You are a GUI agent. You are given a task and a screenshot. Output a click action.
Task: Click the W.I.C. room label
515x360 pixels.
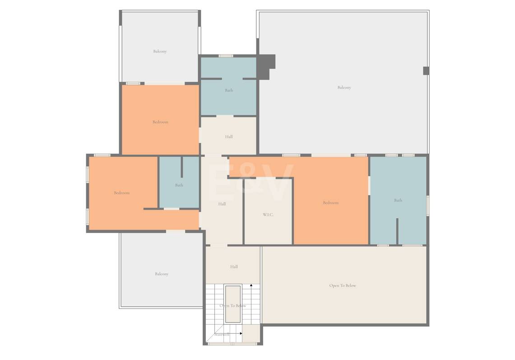(x=268, y=215)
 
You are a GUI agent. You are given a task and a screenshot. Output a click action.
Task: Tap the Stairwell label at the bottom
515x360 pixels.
(x=222, y=334)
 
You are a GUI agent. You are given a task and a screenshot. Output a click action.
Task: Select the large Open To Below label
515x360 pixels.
(x=343, y=285)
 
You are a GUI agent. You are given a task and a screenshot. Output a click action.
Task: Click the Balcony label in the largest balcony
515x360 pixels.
(x=344, y=88)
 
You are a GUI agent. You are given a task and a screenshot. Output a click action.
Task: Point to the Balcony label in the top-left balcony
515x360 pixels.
(x=160, y=51)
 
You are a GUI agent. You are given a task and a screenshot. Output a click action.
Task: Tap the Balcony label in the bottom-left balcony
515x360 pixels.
(x=162, y=274)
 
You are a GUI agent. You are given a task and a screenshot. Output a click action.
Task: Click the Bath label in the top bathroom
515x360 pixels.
(x=229, y=90)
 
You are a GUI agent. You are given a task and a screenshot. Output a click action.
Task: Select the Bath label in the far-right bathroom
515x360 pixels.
(x=398, y=200)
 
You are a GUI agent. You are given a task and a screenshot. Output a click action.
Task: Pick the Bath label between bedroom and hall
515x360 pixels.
(x=179, y=185)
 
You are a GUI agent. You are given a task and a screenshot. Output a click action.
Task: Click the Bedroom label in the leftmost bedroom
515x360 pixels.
(x=122, y=193)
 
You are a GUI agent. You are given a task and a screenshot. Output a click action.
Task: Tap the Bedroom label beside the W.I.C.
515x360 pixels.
(x=331, y=202)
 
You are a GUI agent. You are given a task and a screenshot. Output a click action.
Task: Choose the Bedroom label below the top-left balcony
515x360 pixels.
(x=160, y=122)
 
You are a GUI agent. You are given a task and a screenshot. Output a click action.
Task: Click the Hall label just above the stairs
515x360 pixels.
(x=234, y=266)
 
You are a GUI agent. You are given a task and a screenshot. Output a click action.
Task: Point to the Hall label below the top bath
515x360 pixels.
(x=229, y=136)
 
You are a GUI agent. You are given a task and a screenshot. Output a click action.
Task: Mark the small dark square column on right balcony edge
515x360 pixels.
(x=426, y=70)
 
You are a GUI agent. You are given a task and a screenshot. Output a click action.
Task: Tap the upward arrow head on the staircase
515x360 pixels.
(x=251, y=286)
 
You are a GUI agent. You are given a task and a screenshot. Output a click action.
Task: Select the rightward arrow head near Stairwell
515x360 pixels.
(x=241, y=333)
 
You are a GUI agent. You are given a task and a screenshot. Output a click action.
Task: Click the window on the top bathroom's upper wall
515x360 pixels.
(x=226, y=56)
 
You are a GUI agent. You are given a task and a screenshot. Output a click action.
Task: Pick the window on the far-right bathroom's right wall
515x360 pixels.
(x=427, y=206)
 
